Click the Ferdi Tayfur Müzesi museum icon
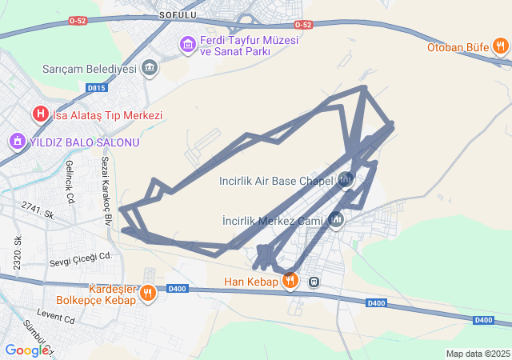coord(188,43)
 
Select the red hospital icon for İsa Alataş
coord(40,115)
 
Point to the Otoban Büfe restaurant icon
coord(500,46)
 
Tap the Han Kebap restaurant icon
coord(290,282)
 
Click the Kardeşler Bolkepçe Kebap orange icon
coord(147,294)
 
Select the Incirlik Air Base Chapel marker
coord(346,180)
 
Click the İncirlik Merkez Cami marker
coord(336,219)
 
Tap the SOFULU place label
coord(178,14)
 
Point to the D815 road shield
coord(96,88)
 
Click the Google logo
coord(26,350)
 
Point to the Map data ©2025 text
coord(478,354)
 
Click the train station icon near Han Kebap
coord(315,282)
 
